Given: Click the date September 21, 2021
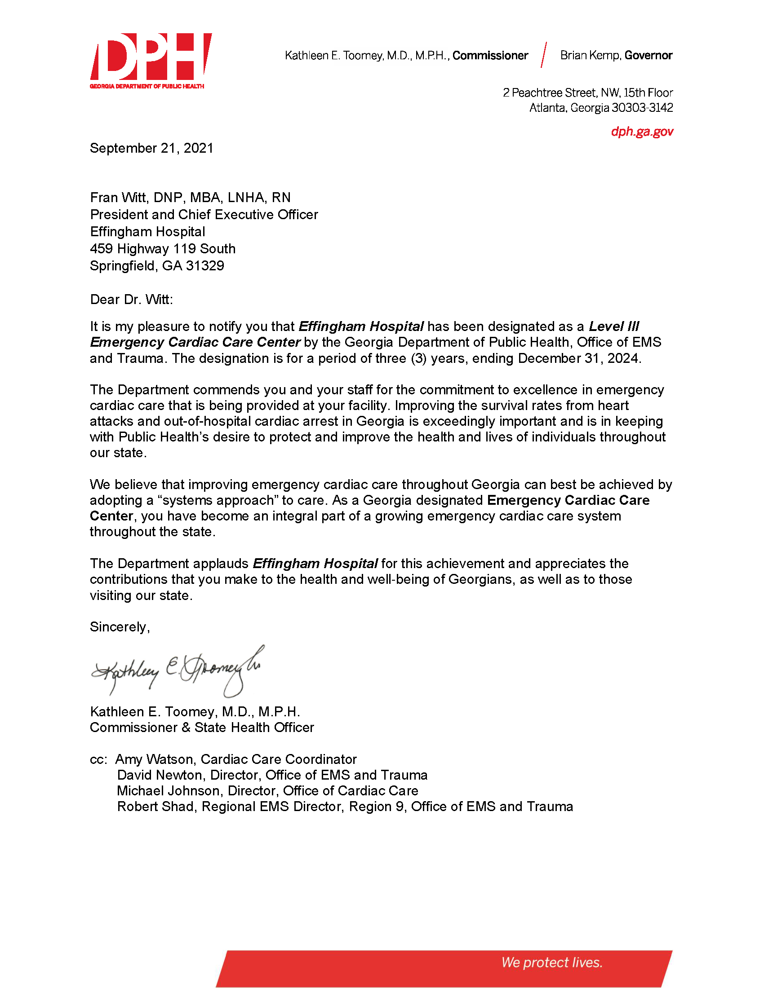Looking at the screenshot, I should tap(151, 148).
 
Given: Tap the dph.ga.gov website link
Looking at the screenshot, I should tap(641, 132).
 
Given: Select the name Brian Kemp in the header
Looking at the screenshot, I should tap(590, 55).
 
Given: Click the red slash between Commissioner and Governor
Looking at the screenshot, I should tap(544, 55).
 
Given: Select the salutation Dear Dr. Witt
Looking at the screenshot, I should tap(131, 300).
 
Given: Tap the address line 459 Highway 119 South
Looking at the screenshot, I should tap(163, 249).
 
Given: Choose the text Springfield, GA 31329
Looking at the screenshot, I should tap(156, 266).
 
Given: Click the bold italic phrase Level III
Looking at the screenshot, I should tap(614, 326).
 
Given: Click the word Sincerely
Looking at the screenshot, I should tap(119, 626).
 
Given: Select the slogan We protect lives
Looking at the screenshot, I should tap(552, 962).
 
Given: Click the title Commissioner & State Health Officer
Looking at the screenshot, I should tap(201, 728).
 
